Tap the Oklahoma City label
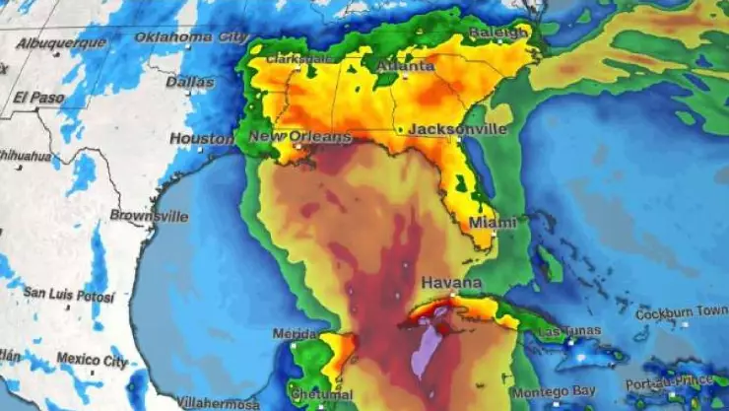[190, 36]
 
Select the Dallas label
[190, 82]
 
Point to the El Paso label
[38, 97]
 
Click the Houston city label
[202, 139]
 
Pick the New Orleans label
[299, 137]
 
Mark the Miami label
[493, 223]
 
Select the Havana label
[452, 283]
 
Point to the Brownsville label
[149, 215]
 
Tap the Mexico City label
[91, 358]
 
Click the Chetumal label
[323, 394]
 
